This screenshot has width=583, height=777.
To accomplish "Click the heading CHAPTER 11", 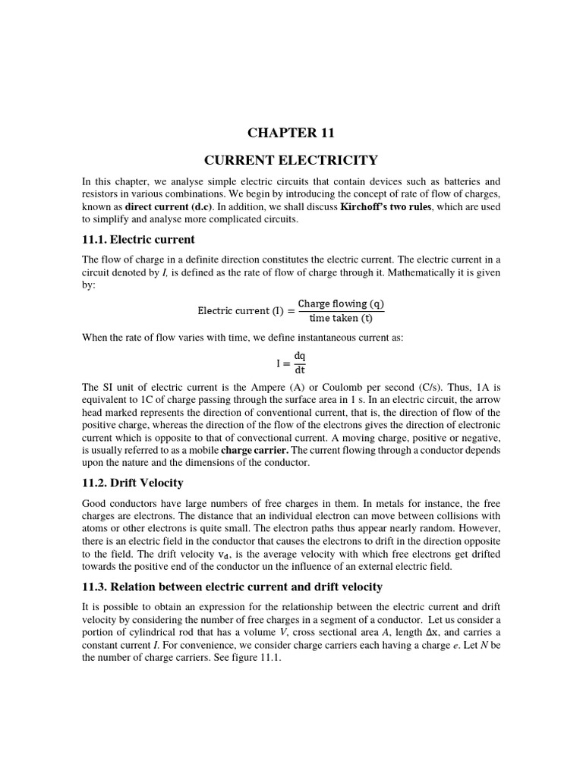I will click(x=291, y=133).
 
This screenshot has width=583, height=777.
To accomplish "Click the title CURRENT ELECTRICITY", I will click(x=291, y=160).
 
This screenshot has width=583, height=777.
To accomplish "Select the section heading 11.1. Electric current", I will click(x=138, y=240).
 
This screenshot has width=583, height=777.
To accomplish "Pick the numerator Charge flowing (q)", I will click(x=341, y=304).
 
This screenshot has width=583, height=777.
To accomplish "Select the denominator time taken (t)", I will click(x=341, y=318).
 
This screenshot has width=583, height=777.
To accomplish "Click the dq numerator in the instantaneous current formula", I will click(x=299, y=355).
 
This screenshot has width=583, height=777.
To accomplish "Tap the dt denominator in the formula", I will click(x=299, y=370).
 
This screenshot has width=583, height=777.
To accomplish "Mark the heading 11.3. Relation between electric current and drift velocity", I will click(x=232, y=587).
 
